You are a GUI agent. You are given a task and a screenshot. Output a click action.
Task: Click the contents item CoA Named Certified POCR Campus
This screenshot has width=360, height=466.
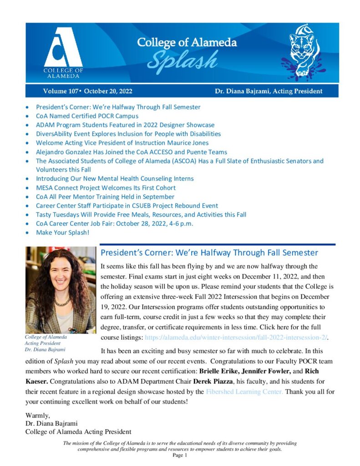tap(81, 116)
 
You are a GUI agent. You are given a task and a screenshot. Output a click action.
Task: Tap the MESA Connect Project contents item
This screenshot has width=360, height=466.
tap(106, 187)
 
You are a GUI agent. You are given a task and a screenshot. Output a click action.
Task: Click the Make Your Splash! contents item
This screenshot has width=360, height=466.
tap(62, 232)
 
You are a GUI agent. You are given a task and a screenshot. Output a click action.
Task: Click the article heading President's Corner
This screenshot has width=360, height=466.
tap(209, 253)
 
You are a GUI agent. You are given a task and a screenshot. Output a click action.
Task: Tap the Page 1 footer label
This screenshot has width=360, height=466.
tap(180, 455)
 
